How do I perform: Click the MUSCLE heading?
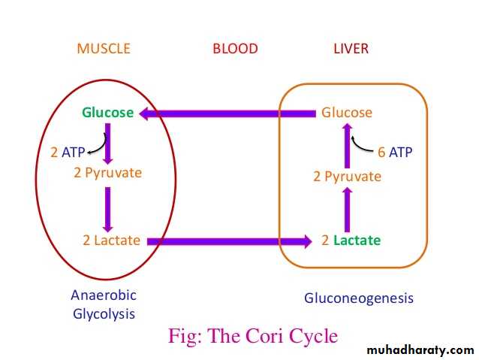[x=104, y=49]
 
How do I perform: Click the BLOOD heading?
[x=235, y=49]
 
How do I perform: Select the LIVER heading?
[x=351, y=49]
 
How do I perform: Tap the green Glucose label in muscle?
[x=108, y=113]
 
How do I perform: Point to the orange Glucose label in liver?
[x=347, y=113]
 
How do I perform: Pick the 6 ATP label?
[x=395, y=152]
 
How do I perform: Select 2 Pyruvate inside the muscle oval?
[x=107, y=173]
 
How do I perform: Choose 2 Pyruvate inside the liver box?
[x=347, y=177]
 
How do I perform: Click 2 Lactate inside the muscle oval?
[x=111, y=241]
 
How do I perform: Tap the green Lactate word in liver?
[x=357, y=241]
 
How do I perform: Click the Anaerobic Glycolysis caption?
[x=104, y=304]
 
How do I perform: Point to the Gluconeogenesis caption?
[x=359, y=298]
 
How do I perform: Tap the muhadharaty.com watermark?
[x=420, y=350]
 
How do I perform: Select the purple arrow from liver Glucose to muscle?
[x=225, y=113]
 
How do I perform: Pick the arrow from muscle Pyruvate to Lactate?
[x=108, y=208]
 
